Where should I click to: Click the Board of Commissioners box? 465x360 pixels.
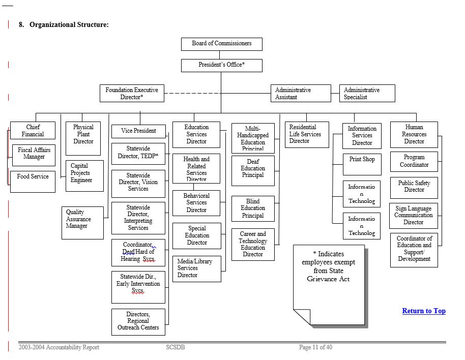221,44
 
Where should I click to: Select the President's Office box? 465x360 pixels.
221,65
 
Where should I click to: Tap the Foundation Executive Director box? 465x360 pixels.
132,93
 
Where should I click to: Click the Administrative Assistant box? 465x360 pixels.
300,93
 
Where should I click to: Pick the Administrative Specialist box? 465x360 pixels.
367,93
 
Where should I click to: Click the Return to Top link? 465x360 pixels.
424,311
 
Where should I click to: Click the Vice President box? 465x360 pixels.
138,131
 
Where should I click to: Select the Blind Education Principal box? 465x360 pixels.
253,208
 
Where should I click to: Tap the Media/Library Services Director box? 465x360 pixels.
196,268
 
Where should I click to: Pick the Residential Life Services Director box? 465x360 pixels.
306,134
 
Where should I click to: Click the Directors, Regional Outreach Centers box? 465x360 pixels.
138,321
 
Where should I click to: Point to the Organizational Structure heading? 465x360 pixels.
69,24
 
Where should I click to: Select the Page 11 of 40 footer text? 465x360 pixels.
315,347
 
